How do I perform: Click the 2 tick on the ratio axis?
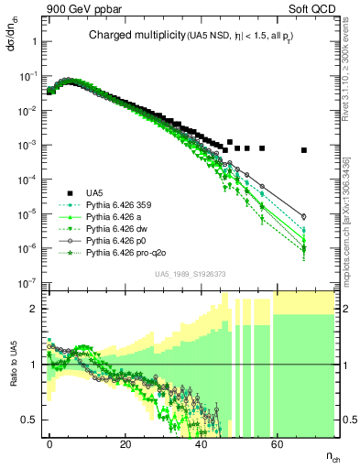(32, 309)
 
